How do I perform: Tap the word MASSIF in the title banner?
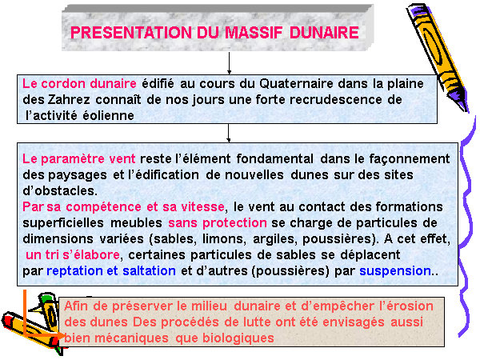click(x=254, y=33)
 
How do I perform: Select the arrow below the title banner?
click(x=229, y=63)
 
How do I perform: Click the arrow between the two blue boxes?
click(x=228, y=133)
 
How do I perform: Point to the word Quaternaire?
click(x=296, y=83)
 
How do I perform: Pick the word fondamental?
click(x=274, y=158)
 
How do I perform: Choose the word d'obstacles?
click(x=60, y=190)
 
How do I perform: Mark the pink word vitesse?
click(x=202, y=207)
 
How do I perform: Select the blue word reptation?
click(x=74, y=271)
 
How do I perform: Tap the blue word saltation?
click(x=149, y=271)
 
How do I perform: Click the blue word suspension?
click(x=395, y=271)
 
